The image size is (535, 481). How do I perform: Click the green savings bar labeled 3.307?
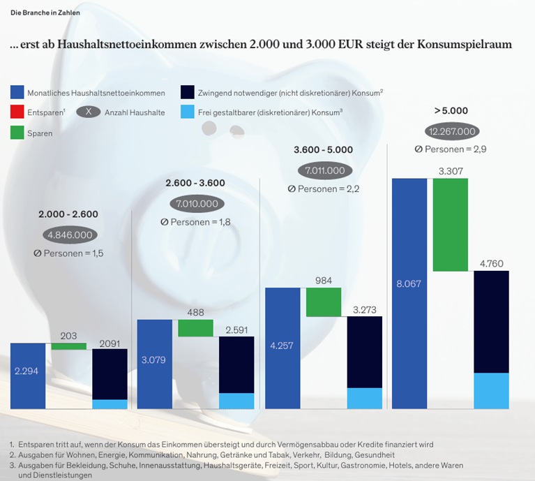(x=450, y=224)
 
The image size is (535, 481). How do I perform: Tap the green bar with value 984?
(x=324, y=302)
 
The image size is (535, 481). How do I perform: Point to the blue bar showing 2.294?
(x=28, y=376)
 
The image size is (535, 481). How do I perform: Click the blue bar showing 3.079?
(x=154, y=364)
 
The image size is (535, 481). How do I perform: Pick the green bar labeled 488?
(x=195, y=328)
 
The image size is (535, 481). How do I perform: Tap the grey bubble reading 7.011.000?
(x=324, y=170)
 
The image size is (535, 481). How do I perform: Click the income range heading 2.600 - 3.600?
(x=195, y=182)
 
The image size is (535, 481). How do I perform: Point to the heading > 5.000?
(x=451, y=110)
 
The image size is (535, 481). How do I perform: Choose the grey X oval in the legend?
(x=88, y=112)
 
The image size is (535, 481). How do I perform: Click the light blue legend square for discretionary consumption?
(x=186, y=112)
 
